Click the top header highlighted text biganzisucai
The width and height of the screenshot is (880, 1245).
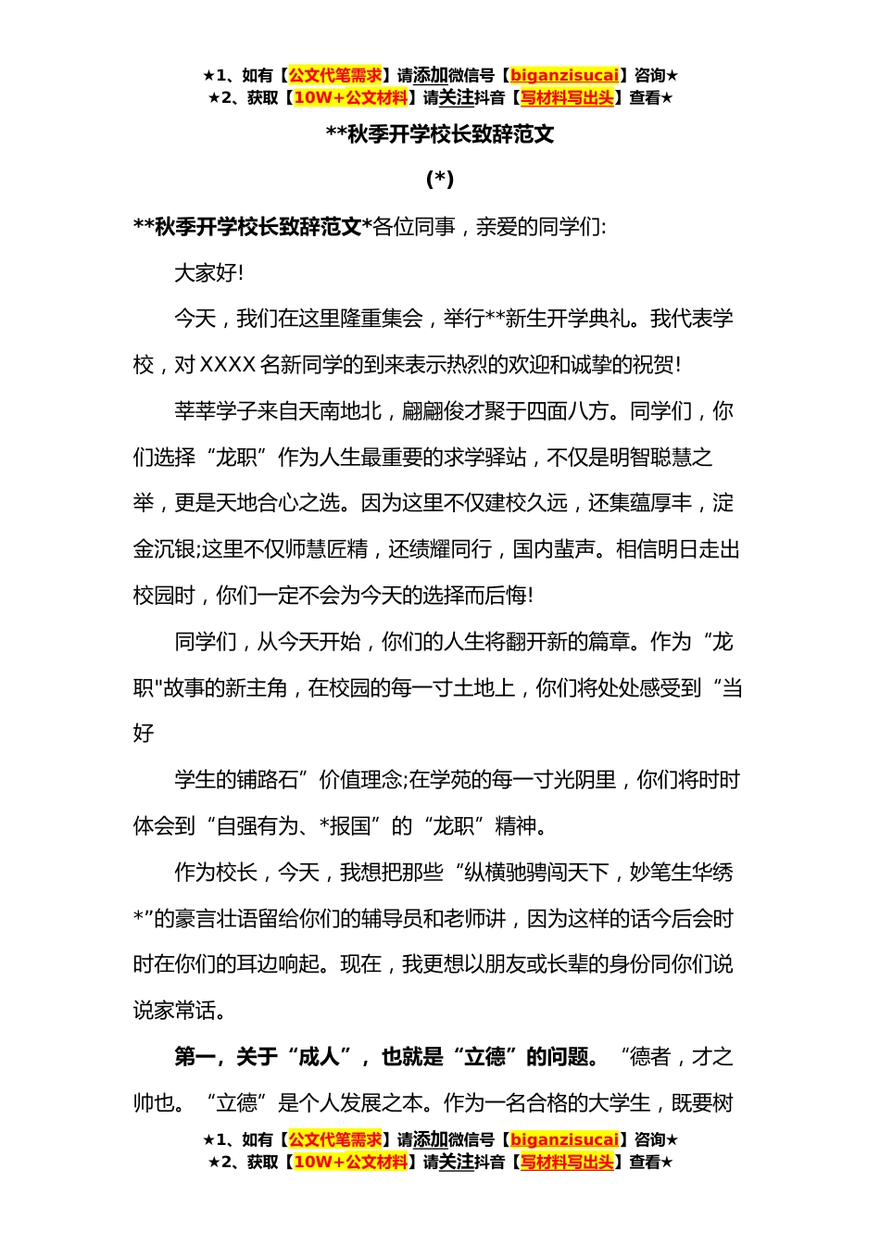pyautogui.click(x=564, y=76)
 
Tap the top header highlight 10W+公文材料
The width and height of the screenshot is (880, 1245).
pyautogui.click(x=350, y=97)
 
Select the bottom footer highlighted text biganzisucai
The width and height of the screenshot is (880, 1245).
pyautogui.click(x=564, y=1140)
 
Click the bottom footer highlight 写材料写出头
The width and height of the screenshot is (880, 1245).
pyautogui.click(x=567, y=1162)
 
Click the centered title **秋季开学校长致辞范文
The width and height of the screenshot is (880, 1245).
pyautogui.click(x=440, y=134)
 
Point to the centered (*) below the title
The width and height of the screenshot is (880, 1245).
pyautogui.click(x=440, y=179)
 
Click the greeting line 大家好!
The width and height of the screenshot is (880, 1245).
pyautogui.click(x=209, y=273)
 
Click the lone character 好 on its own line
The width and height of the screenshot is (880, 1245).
pyautogui.click(x=144, y=734)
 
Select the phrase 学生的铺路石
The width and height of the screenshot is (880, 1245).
pyautogui.click(x=236, y=780)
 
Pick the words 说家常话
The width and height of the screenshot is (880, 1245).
pyautogui.click(x=175, y=1011)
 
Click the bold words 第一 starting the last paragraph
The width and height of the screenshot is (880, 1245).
pyautogui.click(x=195, y=1057)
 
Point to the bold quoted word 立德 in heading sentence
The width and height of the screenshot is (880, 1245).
pyautogui.click(x=485, y=1057)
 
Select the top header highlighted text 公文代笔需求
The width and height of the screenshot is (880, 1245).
pyautogui.click(x=335, y=76)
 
